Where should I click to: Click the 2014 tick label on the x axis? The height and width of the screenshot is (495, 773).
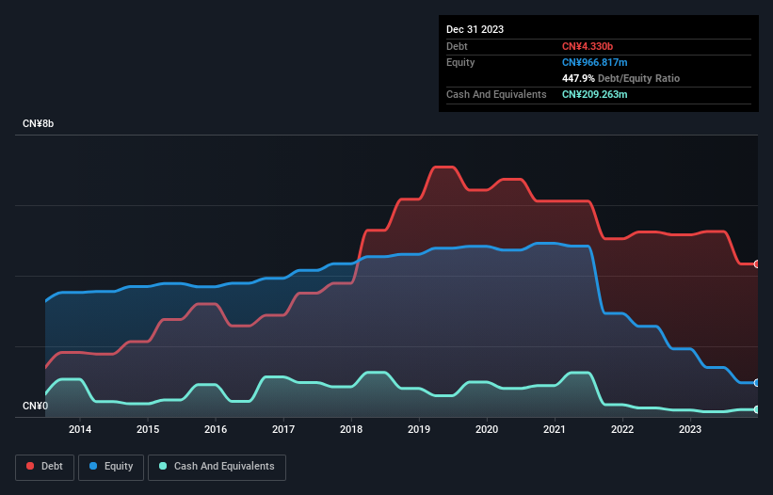[80, 429]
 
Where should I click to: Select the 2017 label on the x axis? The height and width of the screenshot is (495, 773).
[283, 429]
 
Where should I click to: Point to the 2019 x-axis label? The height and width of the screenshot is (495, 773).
[419, 429]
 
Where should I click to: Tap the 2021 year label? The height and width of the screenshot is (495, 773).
[555, 429]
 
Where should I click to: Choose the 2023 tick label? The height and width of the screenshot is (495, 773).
[690, 429]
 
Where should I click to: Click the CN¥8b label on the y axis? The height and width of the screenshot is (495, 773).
[40, 124]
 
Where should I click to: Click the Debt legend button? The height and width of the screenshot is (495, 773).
[46, 466]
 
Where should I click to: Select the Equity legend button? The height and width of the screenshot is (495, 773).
[111, 466]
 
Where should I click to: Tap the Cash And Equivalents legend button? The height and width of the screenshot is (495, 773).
[217, 466]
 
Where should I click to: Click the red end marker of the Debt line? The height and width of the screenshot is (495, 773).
[757, 264]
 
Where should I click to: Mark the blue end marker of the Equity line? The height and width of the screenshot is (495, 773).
[757, 383]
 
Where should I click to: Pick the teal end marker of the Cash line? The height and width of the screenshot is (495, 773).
[757, 409]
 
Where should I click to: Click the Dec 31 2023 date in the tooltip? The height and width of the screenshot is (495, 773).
[475, 29]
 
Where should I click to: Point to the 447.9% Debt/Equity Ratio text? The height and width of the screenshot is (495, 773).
[620, 78]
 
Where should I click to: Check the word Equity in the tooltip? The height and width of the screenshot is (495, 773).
[460, 62]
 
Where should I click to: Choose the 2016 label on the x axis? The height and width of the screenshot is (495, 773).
[216, 429]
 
